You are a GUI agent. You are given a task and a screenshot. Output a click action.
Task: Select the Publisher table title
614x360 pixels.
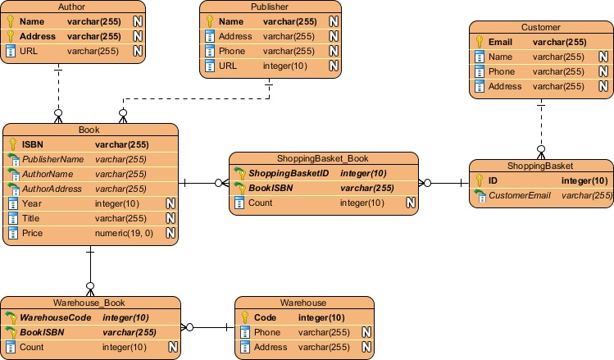(x=271, y=7)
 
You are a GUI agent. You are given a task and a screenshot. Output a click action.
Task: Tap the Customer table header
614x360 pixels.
(x=540, y=27)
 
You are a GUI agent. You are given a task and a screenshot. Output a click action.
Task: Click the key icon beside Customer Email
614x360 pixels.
(x=480, y=42)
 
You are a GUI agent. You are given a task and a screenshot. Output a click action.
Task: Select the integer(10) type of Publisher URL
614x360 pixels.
(x=284, y=66)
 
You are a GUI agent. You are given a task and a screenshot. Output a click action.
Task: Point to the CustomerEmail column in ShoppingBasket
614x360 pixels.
(x=521, y=195)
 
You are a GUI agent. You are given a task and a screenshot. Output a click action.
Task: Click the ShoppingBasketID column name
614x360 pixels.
(x=289, y=173)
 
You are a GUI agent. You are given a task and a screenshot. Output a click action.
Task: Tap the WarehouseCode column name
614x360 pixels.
(x=57, y=317)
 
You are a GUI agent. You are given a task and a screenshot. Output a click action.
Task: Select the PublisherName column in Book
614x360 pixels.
(x=52, y=159)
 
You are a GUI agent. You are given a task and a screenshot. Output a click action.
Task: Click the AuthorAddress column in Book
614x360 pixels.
(x=52, y=189)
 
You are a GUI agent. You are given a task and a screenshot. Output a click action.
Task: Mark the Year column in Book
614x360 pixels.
(x=32, y=203)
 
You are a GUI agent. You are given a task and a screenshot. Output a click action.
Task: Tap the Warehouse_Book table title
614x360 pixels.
(x=89, y=303)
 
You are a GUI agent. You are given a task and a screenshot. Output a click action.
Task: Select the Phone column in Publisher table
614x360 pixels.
(x=235, y=51)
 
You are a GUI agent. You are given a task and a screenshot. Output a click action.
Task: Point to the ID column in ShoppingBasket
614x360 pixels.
(x=493, y=180)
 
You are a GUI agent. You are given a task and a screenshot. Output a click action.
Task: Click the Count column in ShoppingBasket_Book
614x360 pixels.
(x=260, y=203)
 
